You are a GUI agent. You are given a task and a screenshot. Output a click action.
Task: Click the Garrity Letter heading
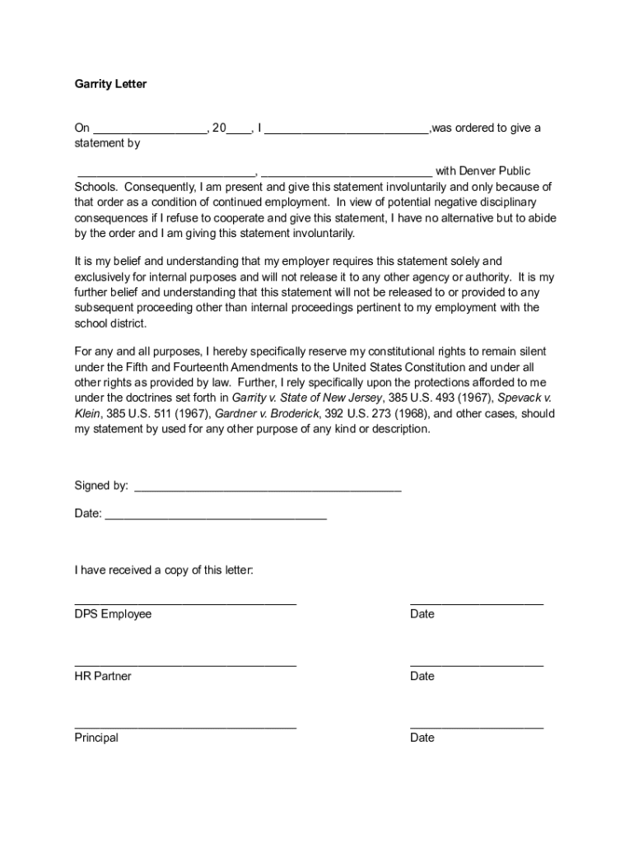(110, 84)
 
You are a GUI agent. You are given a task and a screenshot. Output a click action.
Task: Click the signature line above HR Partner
(185, 664)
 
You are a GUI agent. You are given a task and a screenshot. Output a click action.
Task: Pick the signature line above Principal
(185, 726)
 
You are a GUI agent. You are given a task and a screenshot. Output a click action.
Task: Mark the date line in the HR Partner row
(476, 664)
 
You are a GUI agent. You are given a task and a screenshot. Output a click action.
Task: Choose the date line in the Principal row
(476, 726)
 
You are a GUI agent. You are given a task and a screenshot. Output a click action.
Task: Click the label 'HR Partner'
(103, 676)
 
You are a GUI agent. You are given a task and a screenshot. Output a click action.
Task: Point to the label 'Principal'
(96, 738)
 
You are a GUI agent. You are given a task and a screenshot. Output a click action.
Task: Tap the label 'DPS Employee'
(113, 614)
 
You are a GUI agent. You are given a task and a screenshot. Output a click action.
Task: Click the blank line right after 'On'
(150, 131)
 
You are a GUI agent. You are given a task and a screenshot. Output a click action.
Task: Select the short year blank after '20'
(240, 131)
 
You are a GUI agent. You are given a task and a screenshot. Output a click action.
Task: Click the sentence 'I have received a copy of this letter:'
(164, 570)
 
